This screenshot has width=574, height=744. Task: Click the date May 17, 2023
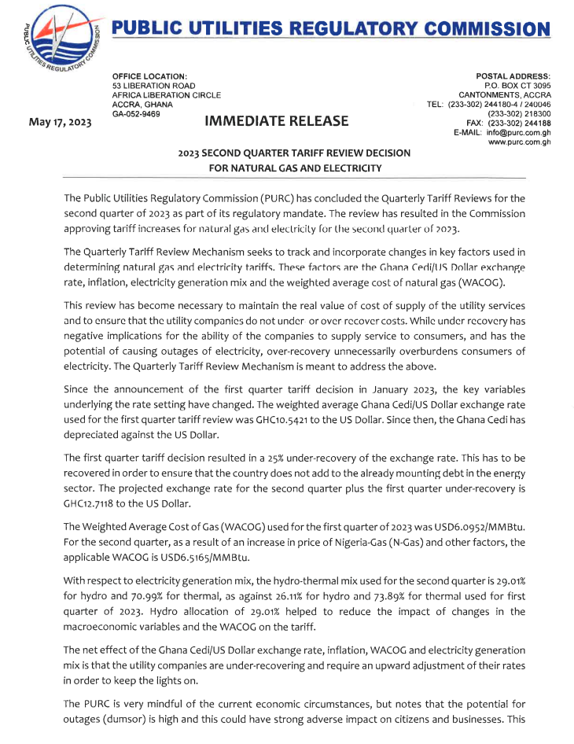[x=60, y=123]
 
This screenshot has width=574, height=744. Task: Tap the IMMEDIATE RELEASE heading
[x=276, y=120]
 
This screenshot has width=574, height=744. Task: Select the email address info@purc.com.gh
[x=513, y=133]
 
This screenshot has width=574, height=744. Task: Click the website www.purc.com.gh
[x=519, y=142]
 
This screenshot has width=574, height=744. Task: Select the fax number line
[x=508, y=123]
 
